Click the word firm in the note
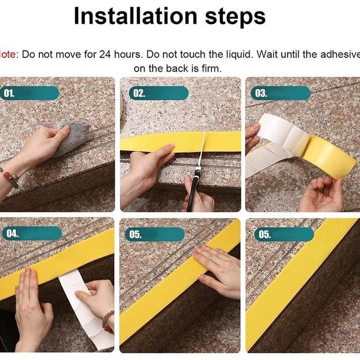211,68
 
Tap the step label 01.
10,93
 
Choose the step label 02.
139,93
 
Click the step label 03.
261,93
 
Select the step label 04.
11,233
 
